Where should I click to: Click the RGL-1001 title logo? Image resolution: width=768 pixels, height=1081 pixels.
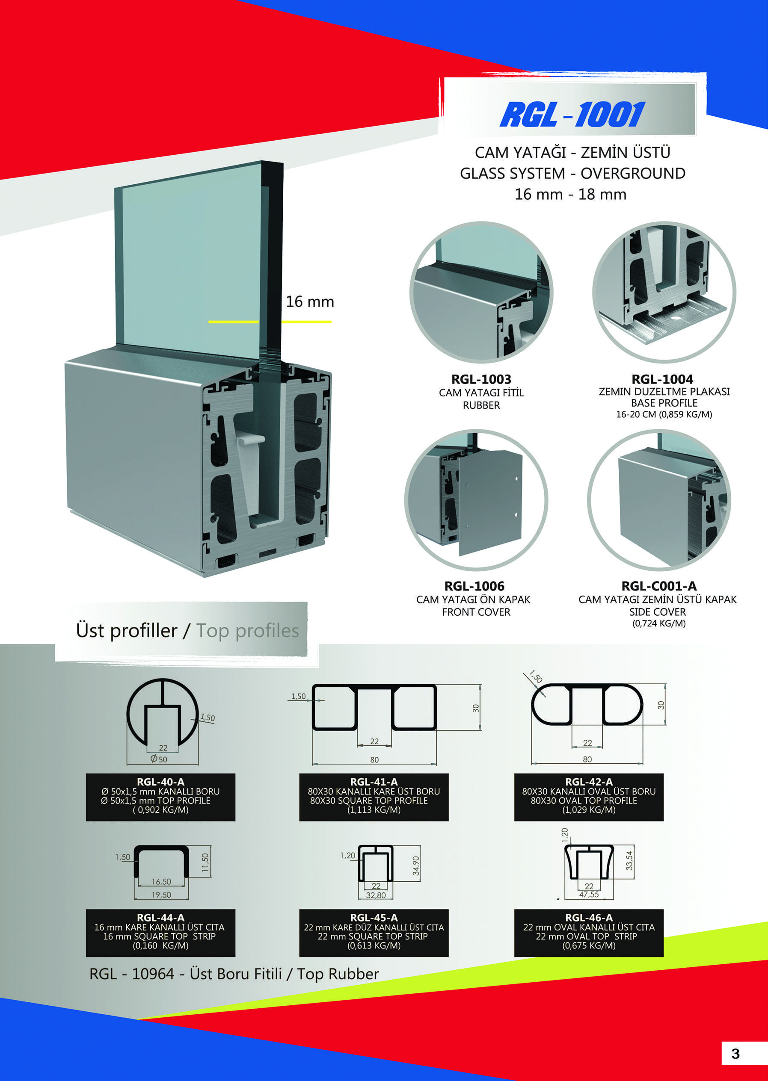pyautogui.click(x=572, y=115)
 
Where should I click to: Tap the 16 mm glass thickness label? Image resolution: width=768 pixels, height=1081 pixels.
pyautogui.click(x=310, y=301)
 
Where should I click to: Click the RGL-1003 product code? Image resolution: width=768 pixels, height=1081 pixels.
pyautogui.click(x=481, y=379)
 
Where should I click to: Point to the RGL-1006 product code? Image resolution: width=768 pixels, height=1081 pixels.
pyautogui.click(x=474, y=586)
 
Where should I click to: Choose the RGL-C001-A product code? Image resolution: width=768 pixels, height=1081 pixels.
pyautogui.click(x=659, y=586)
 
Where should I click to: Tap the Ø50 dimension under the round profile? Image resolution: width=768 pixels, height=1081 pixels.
pyautogui.click(x=159, y=759)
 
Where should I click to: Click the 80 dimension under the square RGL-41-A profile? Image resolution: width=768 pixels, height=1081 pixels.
pyautogui.click(x=374, y=759)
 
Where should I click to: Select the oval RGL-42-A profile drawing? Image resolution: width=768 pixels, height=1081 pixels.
pyautogui.click(x=587, y=704)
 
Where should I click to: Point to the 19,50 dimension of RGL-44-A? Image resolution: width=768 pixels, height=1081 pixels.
pyautogui.click(x=161, y=895)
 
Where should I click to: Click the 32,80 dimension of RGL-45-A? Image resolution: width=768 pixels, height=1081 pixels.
pyautogui.click(x=376, y=895)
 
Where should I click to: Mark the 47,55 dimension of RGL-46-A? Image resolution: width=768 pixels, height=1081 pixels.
pyautogui.click(x=589, y=894)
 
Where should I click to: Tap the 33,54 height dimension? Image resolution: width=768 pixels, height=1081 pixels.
pyautogui.click(x=629, y=861)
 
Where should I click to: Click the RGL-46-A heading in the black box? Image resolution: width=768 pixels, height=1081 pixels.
pyautogui.click(x=589, y=918)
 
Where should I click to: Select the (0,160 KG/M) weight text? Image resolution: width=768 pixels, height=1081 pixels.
pyautogui.click(x=161, y=945)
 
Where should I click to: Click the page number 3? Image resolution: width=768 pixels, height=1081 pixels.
pyautogui.click(x=735, y=1054)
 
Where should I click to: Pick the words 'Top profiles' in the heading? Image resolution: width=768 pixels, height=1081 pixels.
pyautogui.click(x=247, y=631)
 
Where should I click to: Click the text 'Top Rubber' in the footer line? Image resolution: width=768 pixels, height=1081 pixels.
pyautogui.click(x=338, y=974)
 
